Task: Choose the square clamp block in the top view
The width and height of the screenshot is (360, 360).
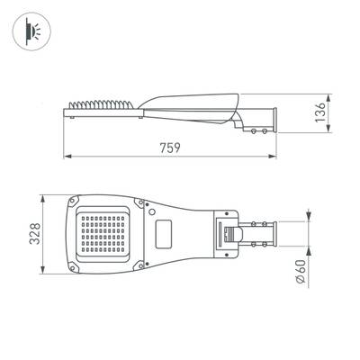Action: coord(226,234)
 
